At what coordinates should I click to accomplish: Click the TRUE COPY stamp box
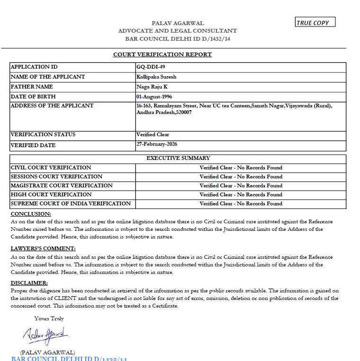315,22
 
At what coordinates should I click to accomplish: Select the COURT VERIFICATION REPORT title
162,54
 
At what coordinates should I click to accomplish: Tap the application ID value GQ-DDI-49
151,67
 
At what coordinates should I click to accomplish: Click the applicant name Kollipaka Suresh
156,77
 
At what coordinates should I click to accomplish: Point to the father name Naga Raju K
152,87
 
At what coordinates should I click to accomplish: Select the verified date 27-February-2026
157,144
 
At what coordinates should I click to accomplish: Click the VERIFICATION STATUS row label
43,134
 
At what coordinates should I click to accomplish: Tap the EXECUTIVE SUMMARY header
178,158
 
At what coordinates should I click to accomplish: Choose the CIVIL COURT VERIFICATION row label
51,167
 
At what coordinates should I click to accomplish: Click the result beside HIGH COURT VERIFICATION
241,194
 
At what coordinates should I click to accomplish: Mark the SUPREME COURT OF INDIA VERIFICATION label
71,203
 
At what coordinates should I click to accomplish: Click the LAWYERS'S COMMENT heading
43,248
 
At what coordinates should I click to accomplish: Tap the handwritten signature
45,336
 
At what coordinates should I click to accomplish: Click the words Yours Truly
49,318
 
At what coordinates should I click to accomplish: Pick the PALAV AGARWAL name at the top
178,23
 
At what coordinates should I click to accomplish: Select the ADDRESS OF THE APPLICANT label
52,106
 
